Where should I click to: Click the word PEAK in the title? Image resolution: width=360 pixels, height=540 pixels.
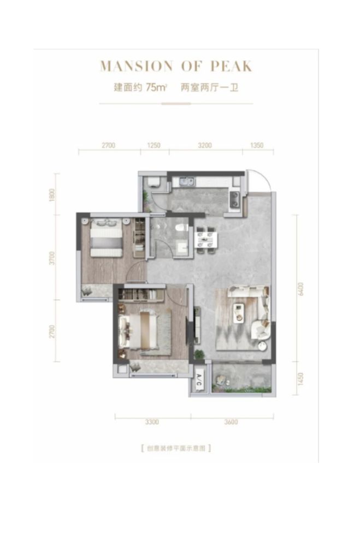click(232, 66)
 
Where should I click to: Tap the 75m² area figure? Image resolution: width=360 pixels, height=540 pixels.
click(156, 87)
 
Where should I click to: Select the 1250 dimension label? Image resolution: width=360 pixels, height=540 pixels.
click(154, 145)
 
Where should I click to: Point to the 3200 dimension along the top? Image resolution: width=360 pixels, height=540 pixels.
click(205, 145)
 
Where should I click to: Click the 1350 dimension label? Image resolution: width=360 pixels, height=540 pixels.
click(257, 145)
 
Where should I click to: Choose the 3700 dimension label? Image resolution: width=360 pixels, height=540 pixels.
click(52, 258)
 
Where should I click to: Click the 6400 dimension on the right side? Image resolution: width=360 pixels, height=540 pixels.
click(301, 289)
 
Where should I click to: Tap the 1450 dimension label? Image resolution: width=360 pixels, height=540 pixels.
click(301, 379)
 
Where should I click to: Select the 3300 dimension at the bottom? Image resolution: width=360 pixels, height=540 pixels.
click(152, 422)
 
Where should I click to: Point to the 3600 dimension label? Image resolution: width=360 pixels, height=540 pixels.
click(231, 422)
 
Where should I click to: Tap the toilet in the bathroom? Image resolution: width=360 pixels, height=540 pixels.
click(180, 228)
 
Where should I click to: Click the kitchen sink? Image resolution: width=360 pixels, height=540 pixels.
click(187, 181)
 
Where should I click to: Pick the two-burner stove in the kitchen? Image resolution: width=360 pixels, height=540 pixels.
click(235, 199)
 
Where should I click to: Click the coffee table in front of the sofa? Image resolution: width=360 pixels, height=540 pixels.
click(238, 313)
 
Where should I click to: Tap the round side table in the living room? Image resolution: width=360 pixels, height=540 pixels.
click(263, 347)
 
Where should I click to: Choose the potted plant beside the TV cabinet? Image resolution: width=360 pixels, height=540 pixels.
click(199, 354)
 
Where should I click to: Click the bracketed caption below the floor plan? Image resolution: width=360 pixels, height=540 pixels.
click(176, 448)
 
